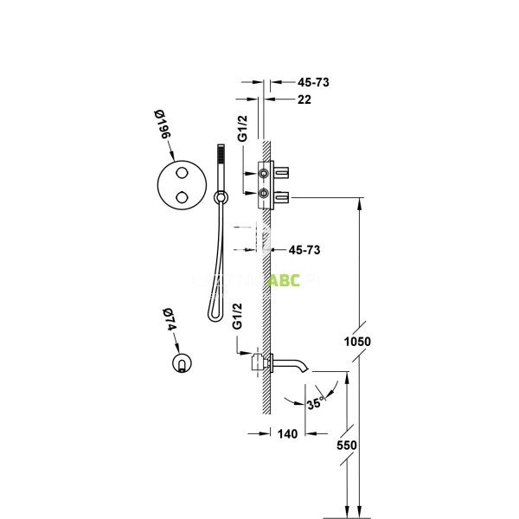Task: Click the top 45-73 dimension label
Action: tap(314, 82)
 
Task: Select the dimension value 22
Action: tap(304, 99)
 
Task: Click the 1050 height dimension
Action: tap(356, 342)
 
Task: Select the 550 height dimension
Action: tap(347, 445)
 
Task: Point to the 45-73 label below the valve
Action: tap(304, 250)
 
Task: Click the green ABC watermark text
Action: tap(284, 281)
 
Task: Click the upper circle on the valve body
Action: tap(263, 175)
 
